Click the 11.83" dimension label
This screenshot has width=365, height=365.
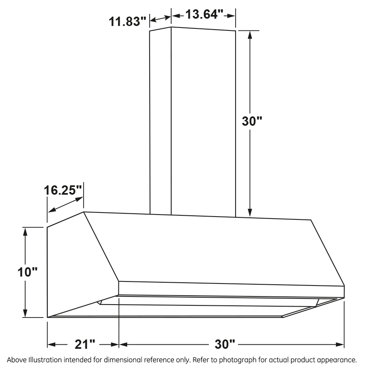pyautogui.click(x=127, y=21)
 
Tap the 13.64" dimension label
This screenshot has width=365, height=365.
pyautogui.click(x=205, y=15)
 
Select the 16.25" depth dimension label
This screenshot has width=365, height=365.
pyautogui.click(x=63, y=189)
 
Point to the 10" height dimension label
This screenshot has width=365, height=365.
pyautogui.click(x=28, y=272)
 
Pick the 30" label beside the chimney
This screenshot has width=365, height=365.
pyautogui.click(x=253, y=122)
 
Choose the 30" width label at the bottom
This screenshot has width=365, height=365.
pyautogui.click(x=225, y=345)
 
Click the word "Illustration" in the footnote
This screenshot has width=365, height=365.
pyautogui.click(x=43, y=360)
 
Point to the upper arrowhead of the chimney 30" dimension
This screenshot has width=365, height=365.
pyautogui.click(x=250, y=34)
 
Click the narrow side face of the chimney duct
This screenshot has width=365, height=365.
pyautogui.click(x=161, y=122)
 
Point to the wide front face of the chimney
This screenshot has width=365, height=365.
pyautogui.click(x=203, y=122)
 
